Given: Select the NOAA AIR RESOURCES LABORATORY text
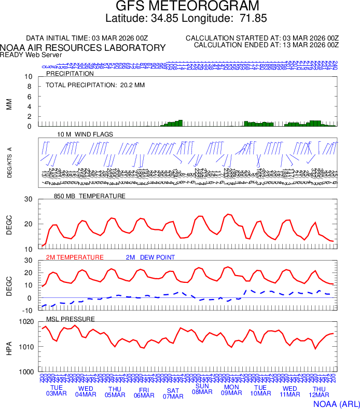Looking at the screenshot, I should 83,48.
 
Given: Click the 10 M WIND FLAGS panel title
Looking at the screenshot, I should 85,134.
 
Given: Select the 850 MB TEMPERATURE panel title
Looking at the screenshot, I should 90,196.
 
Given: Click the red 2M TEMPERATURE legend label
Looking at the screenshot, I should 75,257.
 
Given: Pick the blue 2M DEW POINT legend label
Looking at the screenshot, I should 150,257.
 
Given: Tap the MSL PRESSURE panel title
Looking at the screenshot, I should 71,319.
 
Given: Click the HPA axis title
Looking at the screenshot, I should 8,347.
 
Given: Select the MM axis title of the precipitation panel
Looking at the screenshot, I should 8,104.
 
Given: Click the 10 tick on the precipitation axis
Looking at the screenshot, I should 29,77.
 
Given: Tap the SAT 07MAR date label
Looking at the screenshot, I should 173,393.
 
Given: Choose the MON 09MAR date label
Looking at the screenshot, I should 231,390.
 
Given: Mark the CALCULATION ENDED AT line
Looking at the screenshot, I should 266,45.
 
